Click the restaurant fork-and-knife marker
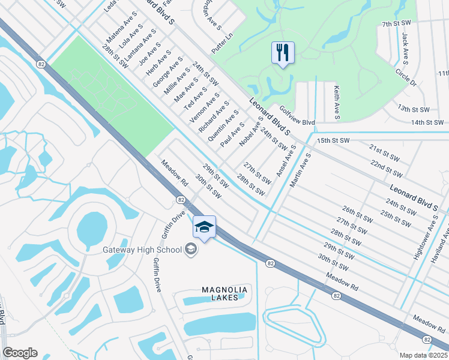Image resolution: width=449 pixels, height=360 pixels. click(x=282, y=52)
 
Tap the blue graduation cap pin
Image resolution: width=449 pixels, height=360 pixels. click(x=204, y=227)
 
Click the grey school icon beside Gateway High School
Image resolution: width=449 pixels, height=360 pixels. click(x=191, y=249)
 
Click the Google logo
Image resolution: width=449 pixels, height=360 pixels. click(x=20, y=353)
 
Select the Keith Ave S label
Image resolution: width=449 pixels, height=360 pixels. click(x=337, y=101)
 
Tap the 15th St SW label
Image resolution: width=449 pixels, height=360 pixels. click(x=333, y=140)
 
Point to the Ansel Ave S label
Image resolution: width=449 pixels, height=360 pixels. click(x=286, y=161)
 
